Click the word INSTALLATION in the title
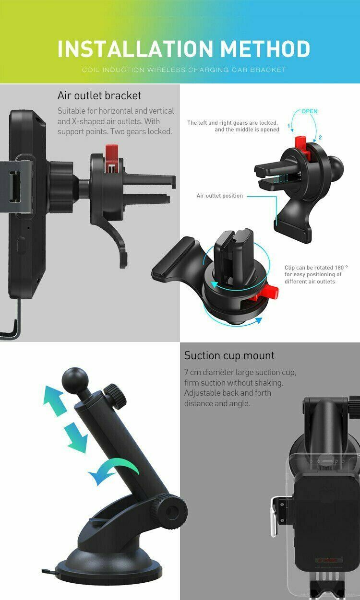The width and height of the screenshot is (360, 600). [135, 49]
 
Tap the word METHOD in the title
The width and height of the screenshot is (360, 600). [265, 49]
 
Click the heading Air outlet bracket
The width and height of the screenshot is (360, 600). [99, 95]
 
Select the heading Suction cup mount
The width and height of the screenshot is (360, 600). [229, 355]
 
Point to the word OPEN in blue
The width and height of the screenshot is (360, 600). [309, 111]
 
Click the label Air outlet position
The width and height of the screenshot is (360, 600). [219, 196]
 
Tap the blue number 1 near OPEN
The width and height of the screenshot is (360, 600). [289, 126]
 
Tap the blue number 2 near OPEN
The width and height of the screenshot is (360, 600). [320, 138]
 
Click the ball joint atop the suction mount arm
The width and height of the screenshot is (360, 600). [75, 380]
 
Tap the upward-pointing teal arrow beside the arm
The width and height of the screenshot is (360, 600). [54, 400]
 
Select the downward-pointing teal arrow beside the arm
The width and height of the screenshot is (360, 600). [76, 438]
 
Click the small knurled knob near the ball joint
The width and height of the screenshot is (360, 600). [115, 392]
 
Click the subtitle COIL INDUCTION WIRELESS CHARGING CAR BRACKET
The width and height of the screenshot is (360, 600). [184, 70]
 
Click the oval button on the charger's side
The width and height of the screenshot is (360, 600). [22, 245]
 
